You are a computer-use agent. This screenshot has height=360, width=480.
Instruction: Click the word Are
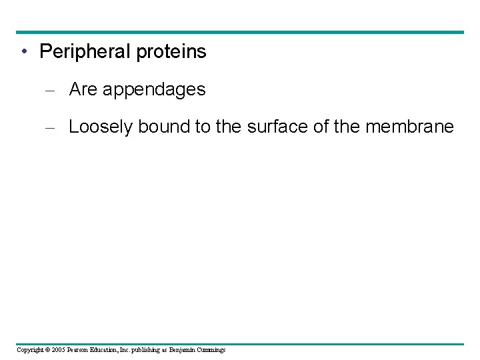pyautogui.click(x=83, y=89)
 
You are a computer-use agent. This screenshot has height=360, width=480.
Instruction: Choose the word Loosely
pyautogui.click(x=101, y=127)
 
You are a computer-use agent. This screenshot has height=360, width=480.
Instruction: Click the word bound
pyautogui.click(x=164, y=127)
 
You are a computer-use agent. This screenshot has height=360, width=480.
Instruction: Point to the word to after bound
pyautogui.click(x=203, y=127)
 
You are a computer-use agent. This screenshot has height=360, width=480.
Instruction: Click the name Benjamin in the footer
pyautogui.click(x=183, y=350)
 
